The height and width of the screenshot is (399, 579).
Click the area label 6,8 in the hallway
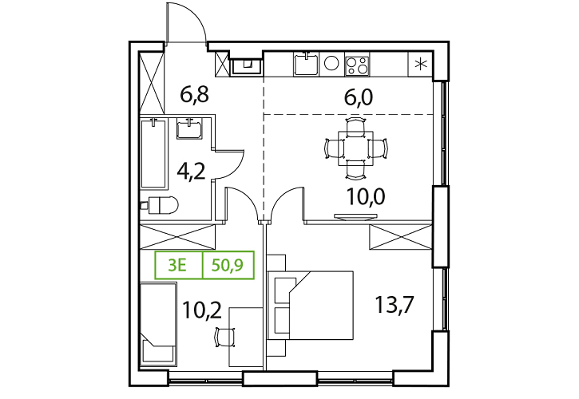194,94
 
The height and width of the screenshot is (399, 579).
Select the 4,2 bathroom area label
191,172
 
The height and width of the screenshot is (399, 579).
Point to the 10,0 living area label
366,197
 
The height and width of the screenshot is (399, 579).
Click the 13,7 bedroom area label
394,306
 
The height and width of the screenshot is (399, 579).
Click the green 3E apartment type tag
176,265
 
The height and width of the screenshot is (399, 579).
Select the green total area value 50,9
228,265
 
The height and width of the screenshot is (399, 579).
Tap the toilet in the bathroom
161,205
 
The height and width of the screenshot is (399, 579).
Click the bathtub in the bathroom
154,153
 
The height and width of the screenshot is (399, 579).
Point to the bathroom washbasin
189,128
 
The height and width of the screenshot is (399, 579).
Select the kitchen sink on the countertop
306,64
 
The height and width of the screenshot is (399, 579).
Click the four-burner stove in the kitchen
357,65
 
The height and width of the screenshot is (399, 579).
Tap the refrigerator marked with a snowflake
420,64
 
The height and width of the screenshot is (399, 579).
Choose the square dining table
355,148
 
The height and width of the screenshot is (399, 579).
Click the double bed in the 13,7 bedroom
310,306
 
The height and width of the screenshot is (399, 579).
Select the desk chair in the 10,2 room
225,337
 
